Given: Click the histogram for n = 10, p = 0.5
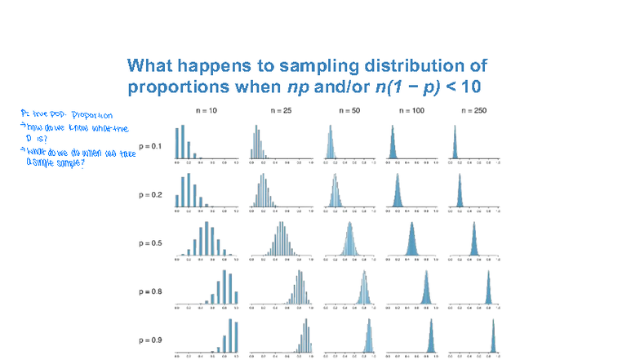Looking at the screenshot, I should (206, 238).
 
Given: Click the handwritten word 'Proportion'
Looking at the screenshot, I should (91, 115).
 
